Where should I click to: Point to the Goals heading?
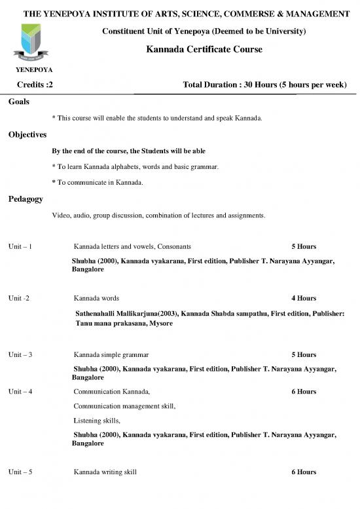click(19, 102)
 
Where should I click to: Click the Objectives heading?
click(27, 135)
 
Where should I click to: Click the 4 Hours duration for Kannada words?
click(304, 298)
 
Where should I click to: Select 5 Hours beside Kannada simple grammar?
click(304, 354)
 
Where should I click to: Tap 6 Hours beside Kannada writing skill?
click(304, 472)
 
